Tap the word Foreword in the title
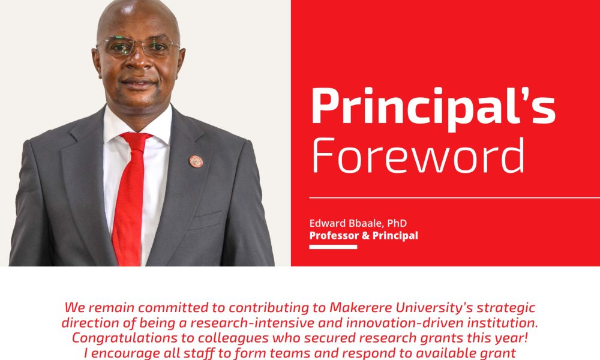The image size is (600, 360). pos(419,155)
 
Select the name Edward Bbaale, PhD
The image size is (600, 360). pos(358,223)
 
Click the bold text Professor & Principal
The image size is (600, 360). pos(364,235)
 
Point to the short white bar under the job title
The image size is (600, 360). pos(333,247)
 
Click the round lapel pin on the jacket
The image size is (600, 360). pos(196,161)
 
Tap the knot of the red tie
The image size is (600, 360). pos(136,141)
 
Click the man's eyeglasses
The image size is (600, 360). pos(138,46)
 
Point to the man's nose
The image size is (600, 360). pos(139,61)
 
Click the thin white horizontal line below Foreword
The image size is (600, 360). pos(455,198)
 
